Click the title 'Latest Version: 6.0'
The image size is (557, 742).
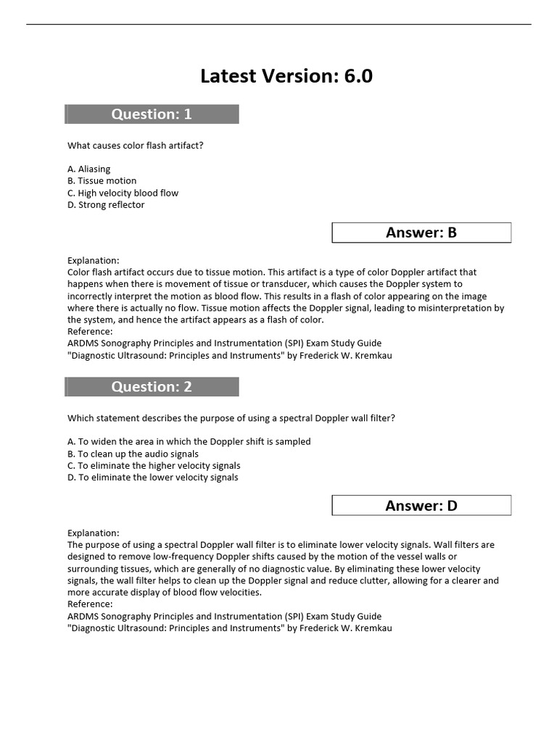tap(286, 76)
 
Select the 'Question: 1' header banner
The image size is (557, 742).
tap(152, 114)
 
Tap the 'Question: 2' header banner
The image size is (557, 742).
tap(152, 387)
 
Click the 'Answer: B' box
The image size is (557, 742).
tap(421, 233)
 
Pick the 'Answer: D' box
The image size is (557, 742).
tap(421, 506)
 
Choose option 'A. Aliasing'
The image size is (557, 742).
tap(89, 169)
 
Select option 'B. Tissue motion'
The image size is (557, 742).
tap(102, 181)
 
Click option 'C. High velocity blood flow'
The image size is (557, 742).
tap(123, 193)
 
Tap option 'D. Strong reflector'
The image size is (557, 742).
tap(106, 205)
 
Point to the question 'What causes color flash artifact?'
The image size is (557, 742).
tap(136, 146)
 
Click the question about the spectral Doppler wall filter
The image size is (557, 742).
tap(231, 418)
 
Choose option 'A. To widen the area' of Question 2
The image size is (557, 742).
tap(189, 442)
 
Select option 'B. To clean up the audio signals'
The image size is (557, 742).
tap(133, 454)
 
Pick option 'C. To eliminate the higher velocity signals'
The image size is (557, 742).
tap(154, 466)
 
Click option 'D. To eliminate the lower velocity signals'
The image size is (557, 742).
tap(153, 478)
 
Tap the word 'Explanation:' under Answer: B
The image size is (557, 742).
tap(94, 260)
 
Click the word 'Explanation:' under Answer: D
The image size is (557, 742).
tap(94, 533)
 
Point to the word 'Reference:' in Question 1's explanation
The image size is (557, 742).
tap(90, 331)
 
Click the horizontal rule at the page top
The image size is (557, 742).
tap(278, 25)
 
